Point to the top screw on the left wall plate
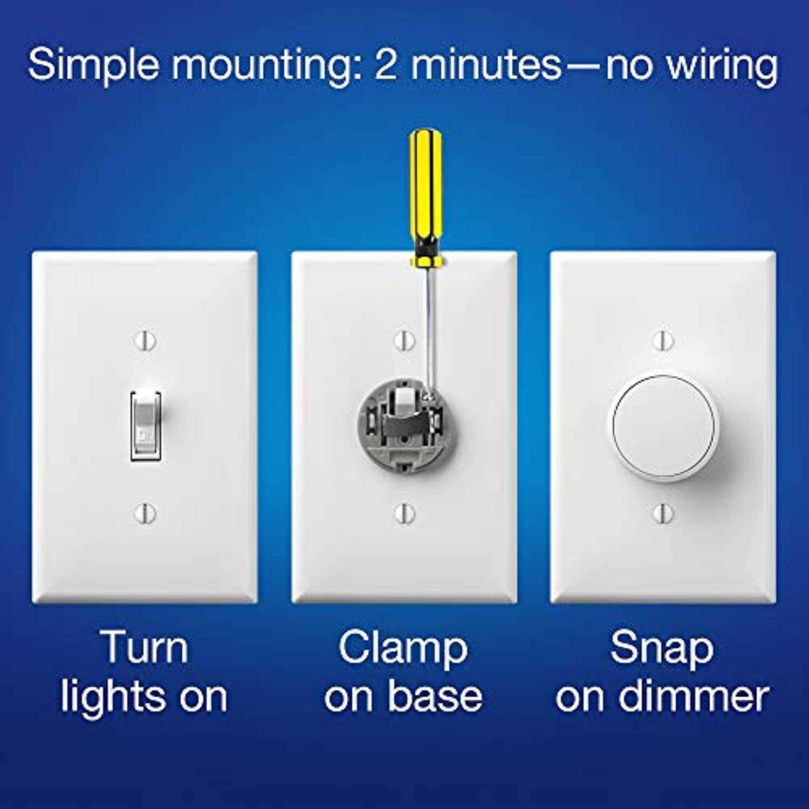pos(146,340)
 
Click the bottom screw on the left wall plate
pos(146,512)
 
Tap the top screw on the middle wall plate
pos(404,340)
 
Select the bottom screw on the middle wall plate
pos(404,513)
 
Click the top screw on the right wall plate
pos(663,340)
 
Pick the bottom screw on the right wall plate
pos(663,513)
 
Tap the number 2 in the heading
pos(386,65)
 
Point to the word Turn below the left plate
pos(144,647)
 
